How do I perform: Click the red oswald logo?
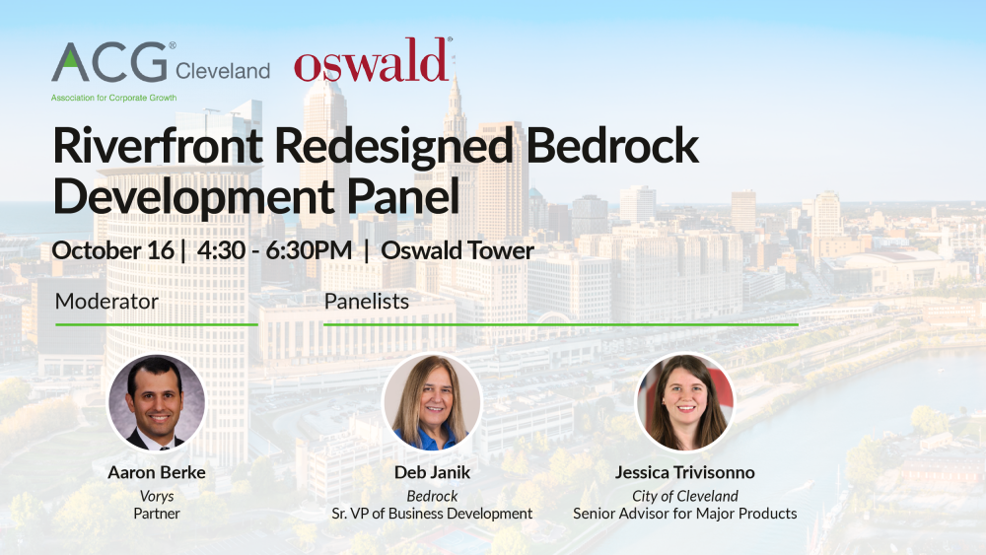tap(373, 60)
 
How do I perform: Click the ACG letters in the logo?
tap(109, 62)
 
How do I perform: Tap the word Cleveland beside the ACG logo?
tap(223, 71)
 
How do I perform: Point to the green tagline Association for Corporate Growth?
tap(113, 98)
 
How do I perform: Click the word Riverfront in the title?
tap(158, 146)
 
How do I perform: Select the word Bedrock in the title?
tap(612, 146)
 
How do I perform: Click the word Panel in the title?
tap(403, 197)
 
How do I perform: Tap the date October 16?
tap(113, 250)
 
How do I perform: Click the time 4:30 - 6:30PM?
tap(275, 250)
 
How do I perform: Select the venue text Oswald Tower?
tap(458, 250)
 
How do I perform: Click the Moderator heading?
tap(106, 301)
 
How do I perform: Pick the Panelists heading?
tap(367, 301)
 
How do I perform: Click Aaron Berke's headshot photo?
tap(157, 402)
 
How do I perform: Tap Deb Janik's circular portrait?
tap(432, 402)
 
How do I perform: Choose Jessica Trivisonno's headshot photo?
tap(685, 402)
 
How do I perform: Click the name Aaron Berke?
tap(157, 472)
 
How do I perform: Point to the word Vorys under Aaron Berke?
tap(157, 497)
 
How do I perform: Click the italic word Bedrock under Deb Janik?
tap(432, 496)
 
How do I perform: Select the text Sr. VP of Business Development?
tap(432, 514)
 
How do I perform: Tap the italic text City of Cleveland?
tap(685, 497)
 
